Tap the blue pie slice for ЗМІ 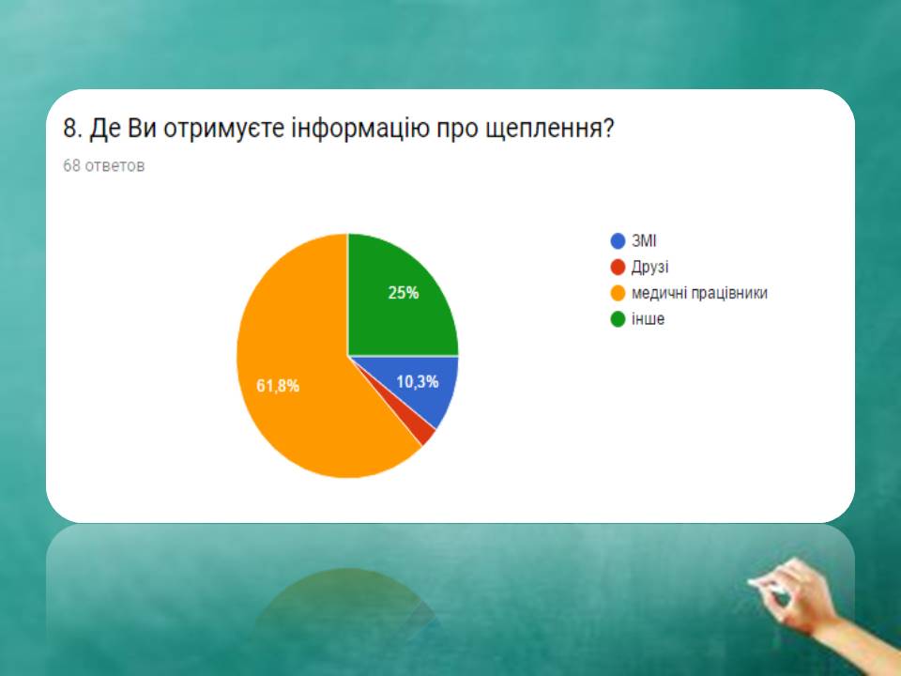[425, 385]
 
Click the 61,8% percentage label [278, 386]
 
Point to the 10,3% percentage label [418, 382]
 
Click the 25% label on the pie [404, 293]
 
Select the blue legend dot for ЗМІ [618, 241]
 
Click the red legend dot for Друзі [618, 268]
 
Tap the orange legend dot [618, 293]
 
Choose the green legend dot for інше [618, 319]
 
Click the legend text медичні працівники [699, 293]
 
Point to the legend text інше [649, 319]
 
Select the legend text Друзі [649, 268]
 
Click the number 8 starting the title [69, 129]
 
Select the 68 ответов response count [103, 165]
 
